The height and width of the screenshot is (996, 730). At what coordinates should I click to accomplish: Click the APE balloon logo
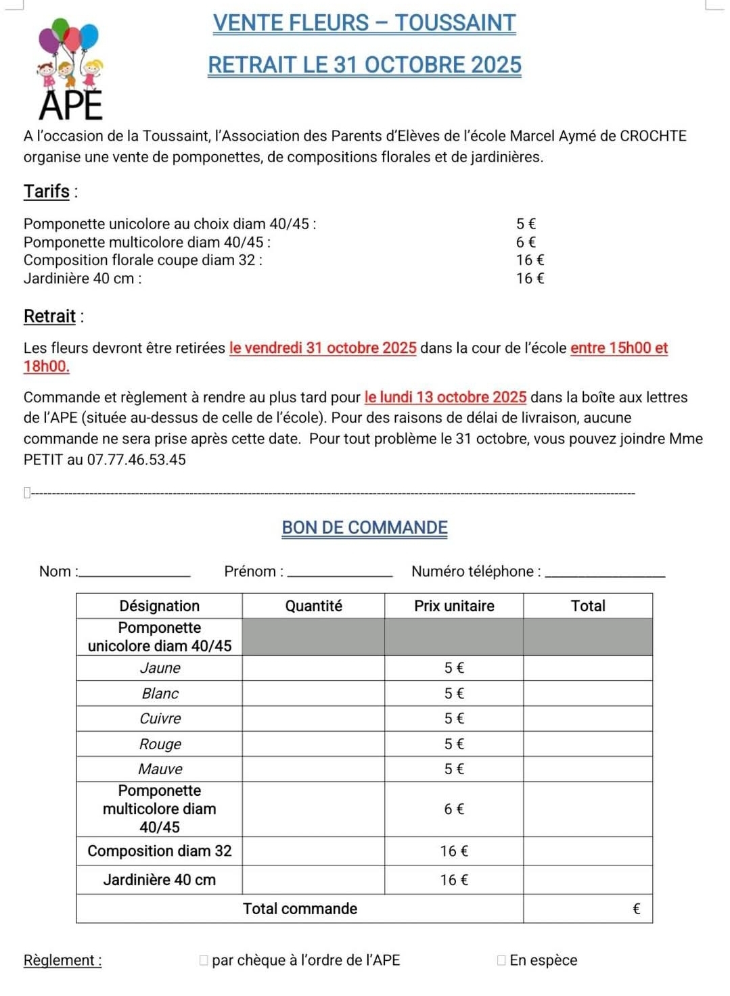pos(70,70)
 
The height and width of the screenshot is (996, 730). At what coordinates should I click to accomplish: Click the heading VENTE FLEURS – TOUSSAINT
pos(364,23)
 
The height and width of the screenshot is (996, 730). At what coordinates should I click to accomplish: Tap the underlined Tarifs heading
pos(47,191)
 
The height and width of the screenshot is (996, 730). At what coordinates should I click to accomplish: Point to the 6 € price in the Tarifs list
pos(526,242)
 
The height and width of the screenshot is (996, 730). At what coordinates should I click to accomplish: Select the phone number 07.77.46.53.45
pos(136,460)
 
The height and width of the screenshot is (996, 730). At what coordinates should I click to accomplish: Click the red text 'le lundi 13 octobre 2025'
pos(445,398)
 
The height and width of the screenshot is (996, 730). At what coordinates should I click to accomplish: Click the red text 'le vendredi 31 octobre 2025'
pos(323,348)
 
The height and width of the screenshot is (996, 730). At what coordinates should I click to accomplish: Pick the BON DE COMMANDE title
pos(365,528)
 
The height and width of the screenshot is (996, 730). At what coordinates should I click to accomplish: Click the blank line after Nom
pos(135,573)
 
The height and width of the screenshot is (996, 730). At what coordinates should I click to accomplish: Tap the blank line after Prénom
pos(340,573)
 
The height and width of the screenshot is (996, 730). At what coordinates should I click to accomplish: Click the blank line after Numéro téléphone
pos(605,573)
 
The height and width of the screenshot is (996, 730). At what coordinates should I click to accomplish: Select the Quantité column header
pos(313,606)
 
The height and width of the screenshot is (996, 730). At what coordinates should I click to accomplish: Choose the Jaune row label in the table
pos(160,668)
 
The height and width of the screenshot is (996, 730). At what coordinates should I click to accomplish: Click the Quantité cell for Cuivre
pos(313,719)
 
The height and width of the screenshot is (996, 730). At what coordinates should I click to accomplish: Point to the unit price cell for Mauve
pos(454,769)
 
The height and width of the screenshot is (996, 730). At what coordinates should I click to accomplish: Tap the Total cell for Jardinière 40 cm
pos(587,880)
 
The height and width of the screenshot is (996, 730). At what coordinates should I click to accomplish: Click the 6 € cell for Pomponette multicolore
pos(454,809)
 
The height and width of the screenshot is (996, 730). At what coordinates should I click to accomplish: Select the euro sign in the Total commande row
pos(636,909)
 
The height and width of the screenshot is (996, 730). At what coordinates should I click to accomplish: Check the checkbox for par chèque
pos(204,960)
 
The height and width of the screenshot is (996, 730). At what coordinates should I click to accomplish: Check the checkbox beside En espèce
pos(501,960)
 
